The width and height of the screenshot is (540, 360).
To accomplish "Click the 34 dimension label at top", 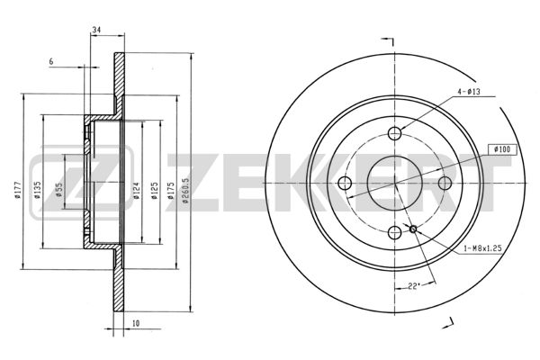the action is [x=96, y=30].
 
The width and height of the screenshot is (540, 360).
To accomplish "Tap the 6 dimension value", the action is [x=51, y=62].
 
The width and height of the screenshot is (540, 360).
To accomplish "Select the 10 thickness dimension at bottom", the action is [x=136, y=323].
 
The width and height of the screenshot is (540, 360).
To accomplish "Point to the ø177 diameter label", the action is [x=18, y=190].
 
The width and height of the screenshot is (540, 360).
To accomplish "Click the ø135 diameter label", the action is [x=38, y=190].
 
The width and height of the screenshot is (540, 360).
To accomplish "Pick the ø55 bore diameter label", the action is [x=59, y=190].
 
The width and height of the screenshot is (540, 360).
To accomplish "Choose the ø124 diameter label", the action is [x=136, y=191].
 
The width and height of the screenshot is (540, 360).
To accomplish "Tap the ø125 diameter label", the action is [x=155, y=191].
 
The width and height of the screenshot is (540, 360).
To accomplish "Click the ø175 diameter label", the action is [x=170, y=191].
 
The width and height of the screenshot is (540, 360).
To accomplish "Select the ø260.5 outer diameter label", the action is [x=186, y=191].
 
